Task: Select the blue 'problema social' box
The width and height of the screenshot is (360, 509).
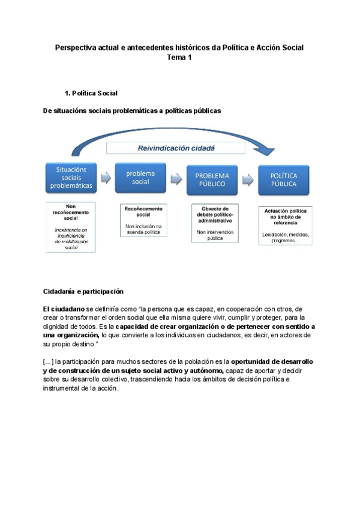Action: click(x=140, y=178)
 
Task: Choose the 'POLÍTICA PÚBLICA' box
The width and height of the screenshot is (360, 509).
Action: click(x=283, y=179)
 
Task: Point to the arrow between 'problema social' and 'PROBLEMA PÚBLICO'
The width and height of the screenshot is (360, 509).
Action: click(x=176, y=178)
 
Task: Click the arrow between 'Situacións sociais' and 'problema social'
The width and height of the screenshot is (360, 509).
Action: click(x=106, y=178)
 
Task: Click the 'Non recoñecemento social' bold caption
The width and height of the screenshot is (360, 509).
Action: click(x=71, y=212)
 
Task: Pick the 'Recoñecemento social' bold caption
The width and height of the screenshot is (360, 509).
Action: click(x=143, y=211)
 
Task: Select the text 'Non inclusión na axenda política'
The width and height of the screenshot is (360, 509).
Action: click(x=143, y=229)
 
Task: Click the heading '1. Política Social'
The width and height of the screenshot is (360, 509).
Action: click(x=91, y=94)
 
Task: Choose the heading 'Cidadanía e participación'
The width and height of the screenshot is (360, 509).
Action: click(x=83, y=291)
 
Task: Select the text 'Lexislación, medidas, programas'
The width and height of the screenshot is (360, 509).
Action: click(x=286, y=237)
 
